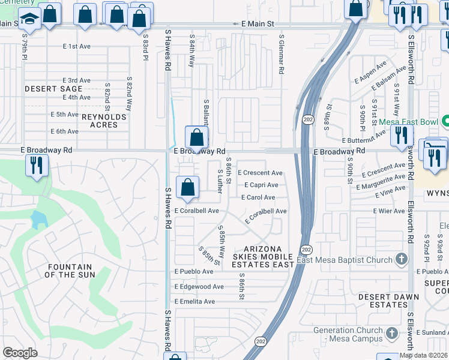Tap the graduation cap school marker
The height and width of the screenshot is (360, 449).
[29, 20]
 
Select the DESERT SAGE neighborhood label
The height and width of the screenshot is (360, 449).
[53, 89]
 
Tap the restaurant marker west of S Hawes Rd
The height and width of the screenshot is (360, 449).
[37, 165]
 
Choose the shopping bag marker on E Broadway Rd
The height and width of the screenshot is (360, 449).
[196, 137]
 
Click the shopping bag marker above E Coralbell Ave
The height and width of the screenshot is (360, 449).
[188, 187]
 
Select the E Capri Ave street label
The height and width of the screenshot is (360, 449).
[261, 185]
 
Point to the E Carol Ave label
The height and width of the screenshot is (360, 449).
[258, 197]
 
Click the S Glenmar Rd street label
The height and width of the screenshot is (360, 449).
[281, 54]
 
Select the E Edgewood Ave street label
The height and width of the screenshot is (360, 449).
[199, 287]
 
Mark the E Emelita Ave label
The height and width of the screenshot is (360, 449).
[194, 301]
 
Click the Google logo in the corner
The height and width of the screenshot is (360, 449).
[20, 353]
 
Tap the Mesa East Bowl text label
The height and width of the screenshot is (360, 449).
[410, 121]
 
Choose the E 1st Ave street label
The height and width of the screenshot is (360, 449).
[76, 46]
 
